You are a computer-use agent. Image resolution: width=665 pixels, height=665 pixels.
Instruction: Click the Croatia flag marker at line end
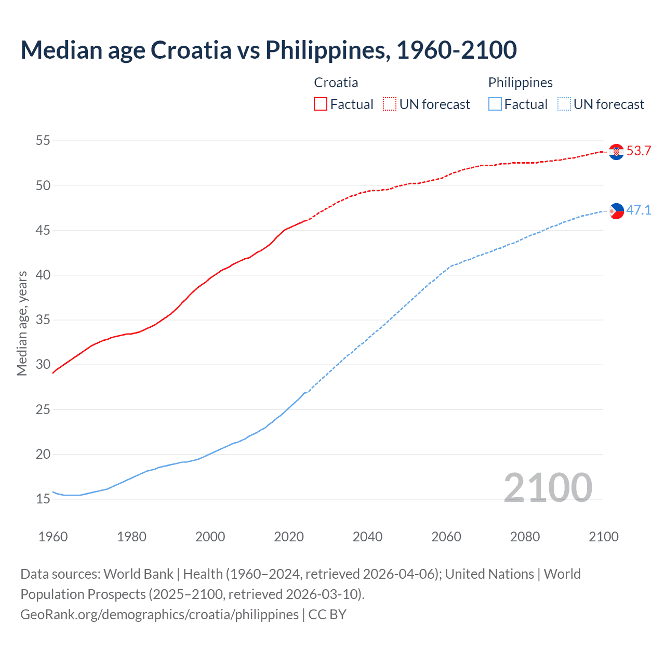coord(616,152)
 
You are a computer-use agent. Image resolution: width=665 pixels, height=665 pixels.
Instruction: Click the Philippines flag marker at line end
coord(616,211)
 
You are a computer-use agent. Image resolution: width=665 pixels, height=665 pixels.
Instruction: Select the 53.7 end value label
coord(639,151)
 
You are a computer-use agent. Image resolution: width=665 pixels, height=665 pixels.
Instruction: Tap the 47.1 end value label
coord(639,210)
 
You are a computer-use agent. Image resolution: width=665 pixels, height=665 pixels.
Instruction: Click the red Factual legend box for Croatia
coord(321,104)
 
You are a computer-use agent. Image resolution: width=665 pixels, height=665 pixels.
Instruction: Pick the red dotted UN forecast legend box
coord(390,104)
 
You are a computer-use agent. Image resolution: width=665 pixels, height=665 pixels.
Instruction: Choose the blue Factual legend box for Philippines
coord(495,104)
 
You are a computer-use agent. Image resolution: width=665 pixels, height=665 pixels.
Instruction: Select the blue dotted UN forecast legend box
coord(564,104)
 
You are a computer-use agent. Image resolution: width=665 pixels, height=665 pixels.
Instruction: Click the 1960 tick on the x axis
coord(53,537)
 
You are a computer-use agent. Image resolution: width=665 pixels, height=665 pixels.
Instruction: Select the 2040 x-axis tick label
coord(367,537)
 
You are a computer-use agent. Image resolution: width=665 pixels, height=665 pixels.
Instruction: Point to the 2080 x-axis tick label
coord(525,537)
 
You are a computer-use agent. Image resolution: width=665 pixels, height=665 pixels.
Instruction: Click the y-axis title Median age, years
coord(22,323)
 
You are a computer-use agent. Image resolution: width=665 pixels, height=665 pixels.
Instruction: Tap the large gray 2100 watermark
coord(548,488)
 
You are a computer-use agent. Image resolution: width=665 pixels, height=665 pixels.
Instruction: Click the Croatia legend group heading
coord(336,83)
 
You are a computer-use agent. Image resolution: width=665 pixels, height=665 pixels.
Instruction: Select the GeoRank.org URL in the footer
coord(159,615)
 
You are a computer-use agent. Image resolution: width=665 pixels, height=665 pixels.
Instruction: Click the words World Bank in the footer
coord(138,574)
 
